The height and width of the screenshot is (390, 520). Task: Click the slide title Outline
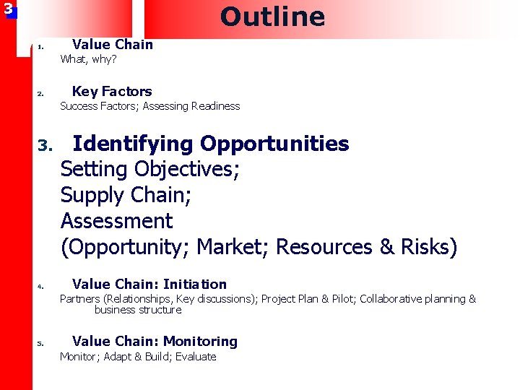[x=272, y=17]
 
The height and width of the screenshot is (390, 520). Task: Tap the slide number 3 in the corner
[x=8, y=9]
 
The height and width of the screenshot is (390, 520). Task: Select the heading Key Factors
[x=112, y=91]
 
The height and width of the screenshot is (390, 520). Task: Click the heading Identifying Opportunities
[x=211, y=144]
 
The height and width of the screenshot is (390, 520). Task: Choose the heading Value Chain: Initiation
[x=149, y=284]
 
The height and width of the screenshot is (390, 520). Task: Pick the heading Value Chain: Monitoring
[x=155, y=341]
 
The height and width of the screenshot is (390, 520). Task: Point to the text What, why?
[x=88, y=59]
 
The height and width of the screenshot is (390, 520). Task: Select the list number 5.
[x=41, y=343]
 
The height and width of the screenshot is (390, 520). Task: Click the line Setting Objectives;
[x=150, y=170]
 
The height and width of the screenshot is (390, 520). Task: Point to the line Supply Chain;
[x=125, y=195]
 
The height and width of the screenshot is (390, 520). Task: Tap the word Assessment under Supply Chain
[x=116, y=220]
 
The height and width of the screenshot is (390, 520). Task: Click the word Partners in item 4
[x=80, y=299]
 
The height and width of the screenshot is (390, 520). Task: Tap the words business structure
[x=137, y=310]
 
